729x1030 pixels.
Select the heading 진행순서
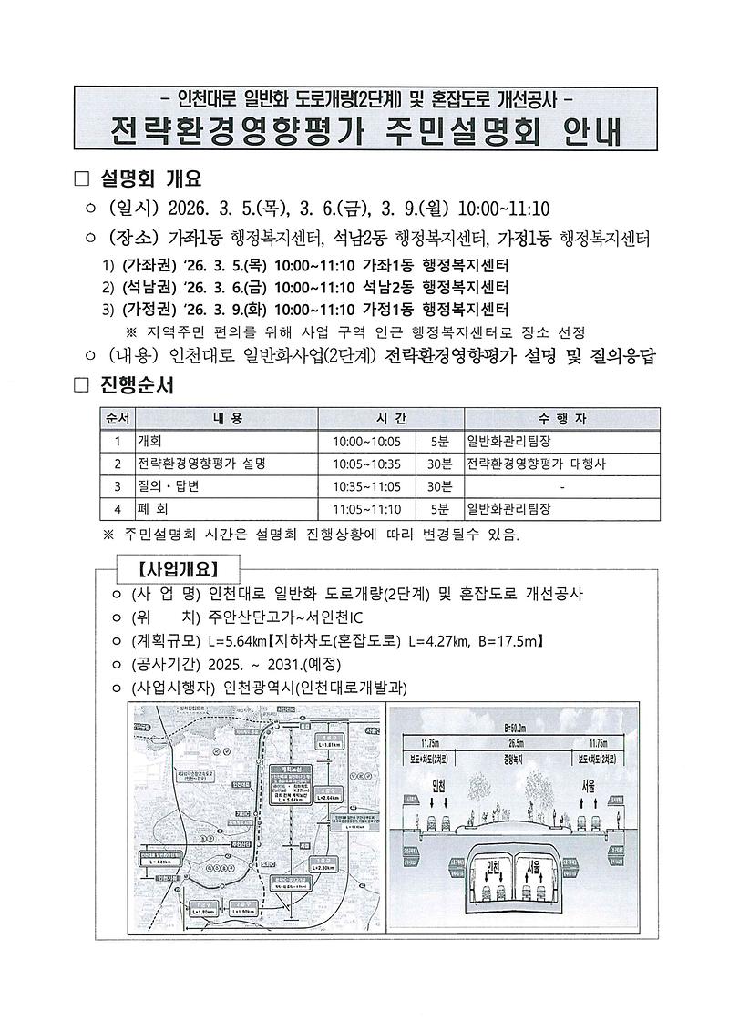138,385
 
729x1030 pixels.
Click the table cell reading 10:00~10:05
366,441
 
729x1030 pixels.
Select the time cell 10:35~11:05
366,486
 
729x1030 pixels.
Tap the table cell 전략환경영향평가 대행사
537,464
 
